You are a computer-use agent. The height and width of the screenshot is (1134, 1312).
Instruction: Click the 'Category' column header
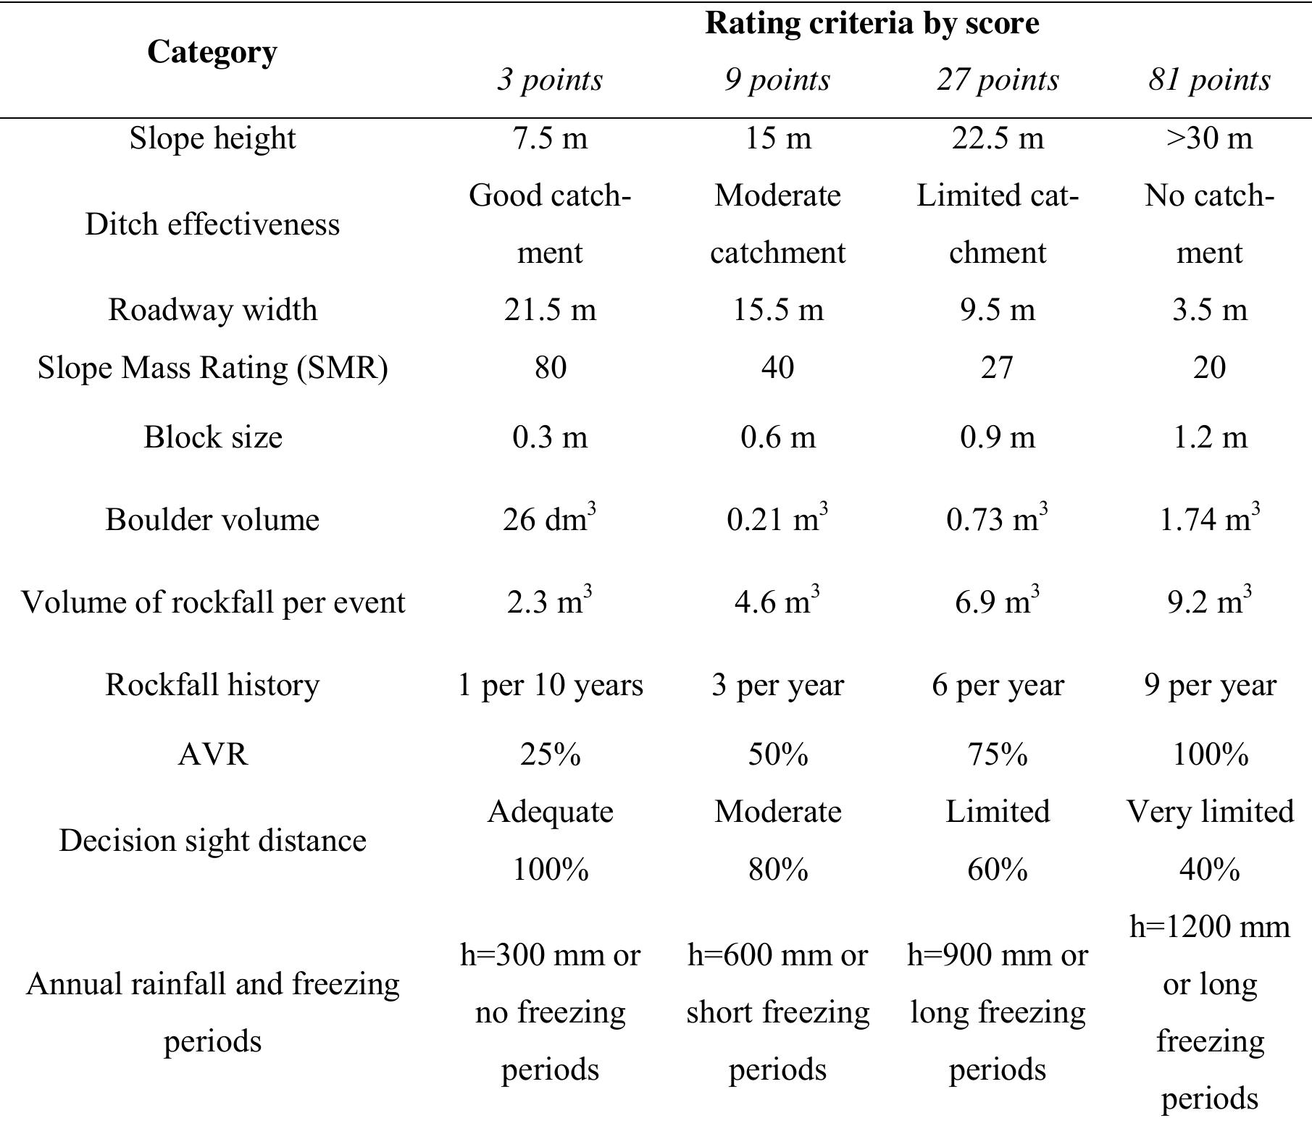click(212, 52)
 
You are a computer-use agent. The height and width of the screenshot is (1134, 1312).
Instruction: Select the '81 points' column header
click(1209, 80)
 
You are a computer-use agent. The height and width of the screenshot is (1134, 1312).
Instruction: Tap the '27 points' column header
click(998, 80)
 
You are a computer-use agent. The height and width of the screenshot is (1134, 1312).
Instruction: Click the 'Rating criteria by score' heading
click(872, 23)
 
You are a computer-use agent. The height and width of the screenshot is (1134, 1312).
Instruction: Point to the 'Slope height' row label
click(212, 138)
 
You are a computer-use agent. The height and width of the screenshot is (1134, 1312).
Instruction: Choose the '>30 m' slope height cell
click(1209, 138)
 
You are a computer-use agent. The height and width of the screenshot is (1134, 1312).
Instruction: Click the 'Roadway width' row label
click(212, 310)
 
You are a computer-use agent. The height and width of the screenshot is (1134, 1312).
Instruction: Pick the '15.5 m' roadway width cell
click(778, 310)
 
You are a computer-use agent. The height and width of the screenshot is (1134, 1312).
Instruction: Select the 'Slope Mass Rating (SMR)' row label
click(212, 368)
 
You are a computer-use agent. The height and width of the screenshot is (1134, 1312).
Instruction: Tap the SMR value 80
click(550, 368)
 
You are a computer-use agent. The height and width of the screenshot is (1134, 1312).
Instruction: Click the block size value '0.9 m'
click(998, 437)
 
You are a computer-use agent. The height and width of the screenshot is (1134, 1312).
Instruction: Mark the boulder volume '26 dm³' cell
click(550, 519)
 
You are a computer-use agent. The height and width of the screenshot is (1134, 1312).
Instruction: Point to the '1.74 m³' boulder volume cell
click(1209, 519)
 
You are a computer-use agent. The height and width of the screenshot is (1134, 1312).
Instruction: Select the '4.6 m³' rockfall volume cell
click(778, 602)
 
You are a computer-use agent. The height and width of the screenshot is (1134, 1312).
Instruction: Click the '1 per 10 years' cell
click(550, 685)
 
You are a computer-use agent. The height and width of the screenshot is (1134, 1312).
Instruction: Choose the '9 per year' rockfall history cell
click(1209, 685)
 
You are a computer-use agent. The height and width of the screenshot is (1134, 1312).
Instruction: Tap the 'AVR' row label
click(212, 755)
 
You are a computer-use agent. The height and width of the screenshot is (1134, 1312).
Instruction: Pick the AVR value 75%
click(998, 755)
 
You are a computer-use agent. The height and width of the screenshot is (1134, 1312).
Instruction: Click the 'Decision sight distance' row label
click(212, 841)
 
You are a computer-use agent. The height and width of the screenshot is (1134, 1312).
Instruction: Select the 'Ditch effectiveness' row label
click(212, 224)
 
